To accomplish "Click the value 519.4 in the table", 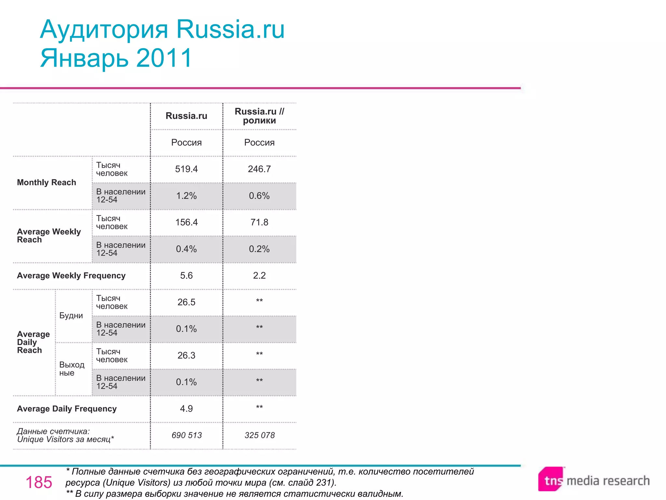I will coord(186,169).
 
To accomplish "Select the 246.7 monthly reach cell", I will coord(259,169).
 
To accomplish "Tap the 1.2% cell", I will coord(186,196).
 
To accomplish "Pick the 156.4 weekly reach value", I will coord(186,222).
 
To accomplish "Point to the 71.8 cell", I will coord(259,222).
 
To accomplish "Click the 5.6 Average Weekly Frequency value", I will coord(186,276).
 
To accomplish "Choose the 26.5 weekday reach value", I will coord(186,302).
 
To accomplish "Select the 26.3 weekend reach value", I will coord(186,355).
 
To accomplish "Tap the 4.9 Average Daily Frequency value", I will coord(186,409).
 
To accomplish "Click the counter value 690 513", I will coord(187,435).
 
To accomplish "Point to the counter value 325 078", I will coord(260,435).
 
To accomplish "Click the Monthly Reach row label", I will coord(47,182).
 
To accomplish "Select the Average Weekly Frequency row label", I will coord(71,276).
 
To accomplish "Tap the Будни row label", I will coord(71,315).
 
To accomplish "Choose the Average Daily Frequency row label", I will coord(67,409).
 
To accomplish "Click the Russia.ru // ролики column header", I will coord(259,116).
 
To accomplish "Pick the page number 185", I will coord(39,482).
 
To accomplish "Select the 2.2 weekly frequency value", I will coord(259,276).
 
